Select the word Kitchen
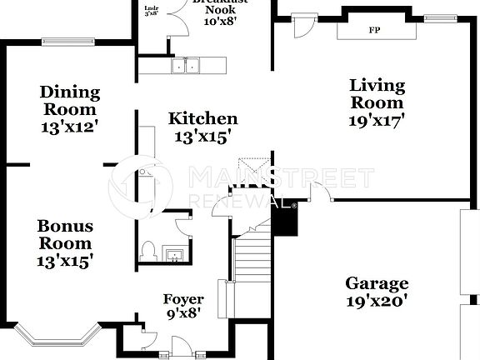pyautogui.click(x=202, y=119)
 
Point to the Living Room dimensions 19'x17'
pyautogui.click(x=377, y=119)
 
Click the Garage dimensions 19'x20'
pyautogui.click(x=377, y=301)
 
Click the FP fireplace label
pyautogui.click(x=374, y=30)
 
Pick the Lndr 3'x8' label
pyautogui.click(x=151, y=11)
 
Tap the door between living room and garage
pyautogui.click(x=318, y=192)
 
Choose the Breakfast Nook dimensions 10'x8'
pyautogui.click(x=220, y=20)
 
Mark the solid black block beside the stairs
pyautogui.click(x=285, y=219)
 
